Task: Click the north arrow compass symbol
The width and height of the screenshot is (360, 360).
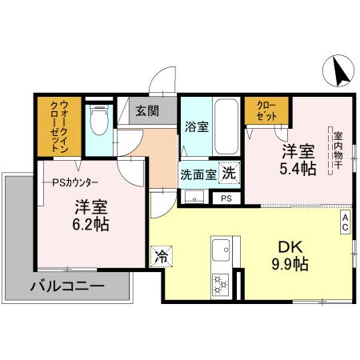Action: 338,72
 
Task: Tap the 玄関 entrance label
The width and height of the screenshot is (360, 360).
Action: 146,111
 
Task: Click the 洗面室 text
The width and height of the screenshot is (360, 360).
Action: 198,174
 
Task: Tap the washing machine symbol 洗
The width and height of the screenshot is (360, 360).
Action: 229,173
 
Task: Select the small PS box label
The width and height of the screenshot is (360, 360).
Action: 226,198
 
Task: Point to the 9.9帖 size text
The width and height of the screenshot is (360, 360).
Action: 288,264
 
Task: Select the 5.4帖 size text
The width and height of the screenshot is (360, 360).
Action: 297,169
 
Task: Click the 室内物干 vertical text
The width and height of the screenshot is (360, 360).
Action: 338,151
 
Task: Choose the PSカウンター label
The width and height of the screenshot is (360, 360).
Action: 75,182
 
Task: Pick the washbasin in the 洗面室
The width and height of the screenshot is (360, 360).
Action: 192,196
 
